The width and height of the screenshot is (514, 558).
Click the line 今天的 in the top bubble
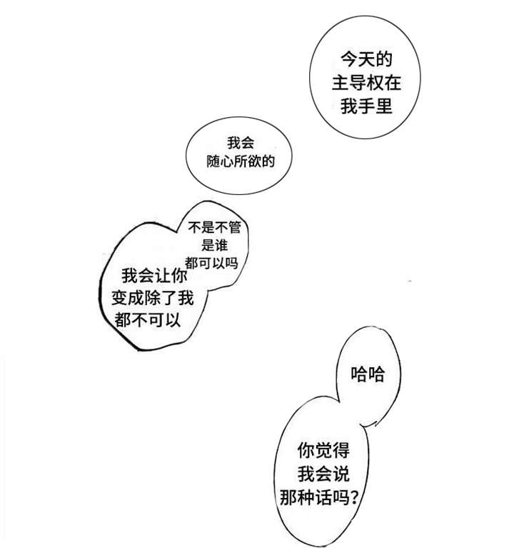pos(366,59)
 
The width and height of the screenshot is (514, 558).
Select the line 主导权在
pos(366,83)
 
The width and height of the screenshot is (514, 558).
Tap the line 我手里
pos(366,106)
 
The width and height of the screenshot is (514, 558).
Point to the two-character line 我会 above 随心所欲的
pos(241,143)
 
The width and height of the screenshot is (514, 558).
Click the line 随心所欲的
pos(241,161)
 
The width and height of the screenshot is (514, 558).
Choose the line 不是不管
pos(215,227)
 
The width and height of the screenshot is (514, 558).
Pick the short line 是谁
pos(214,245)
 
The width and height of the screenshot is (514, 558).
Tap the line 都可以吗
pos(211,263)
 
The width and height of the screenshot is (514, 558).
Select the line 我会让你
pos(154,276)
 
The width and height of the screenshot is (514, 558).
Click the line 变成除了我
pos(153,298)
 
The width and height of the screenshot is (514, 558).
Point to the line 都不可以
pos(148,320)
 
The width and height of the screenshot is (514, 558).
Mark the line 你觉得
pos(323,451)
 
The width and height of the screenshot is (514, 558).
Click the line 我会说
pos(323,474)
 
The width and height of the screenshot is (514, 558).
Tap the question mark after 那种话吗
pos(353,497)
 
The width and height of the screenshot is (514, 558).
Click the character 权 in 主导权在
pos(375,83)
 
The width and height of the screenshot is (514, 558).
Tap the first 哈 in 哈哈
pos(359,374)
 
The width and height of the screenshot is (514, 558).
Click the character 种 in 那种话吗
pos(306,497)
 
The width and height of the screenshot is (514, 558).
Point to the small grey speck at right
pos(410,282)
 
